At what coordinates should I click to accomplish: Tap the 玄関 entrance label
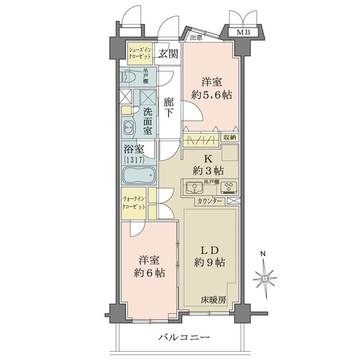click(168, 54)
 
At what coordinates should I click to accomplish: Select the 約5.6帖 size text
click(212, 94)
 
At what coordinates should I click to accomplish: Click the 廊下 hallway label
click(169, 107)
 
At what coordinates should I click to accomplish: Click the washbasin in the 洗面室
click(130, 127)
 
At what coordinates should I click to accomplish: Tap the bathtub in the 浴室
click(139, 176)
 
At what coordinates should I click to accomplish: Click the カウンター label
click(209, 201)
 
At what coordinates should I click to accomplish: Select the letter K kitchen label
click(208, 159)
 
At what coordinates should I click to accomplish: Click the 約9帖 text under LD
click(209, 262)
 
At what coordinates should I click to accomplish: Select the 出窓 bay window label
click(195, 37)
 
